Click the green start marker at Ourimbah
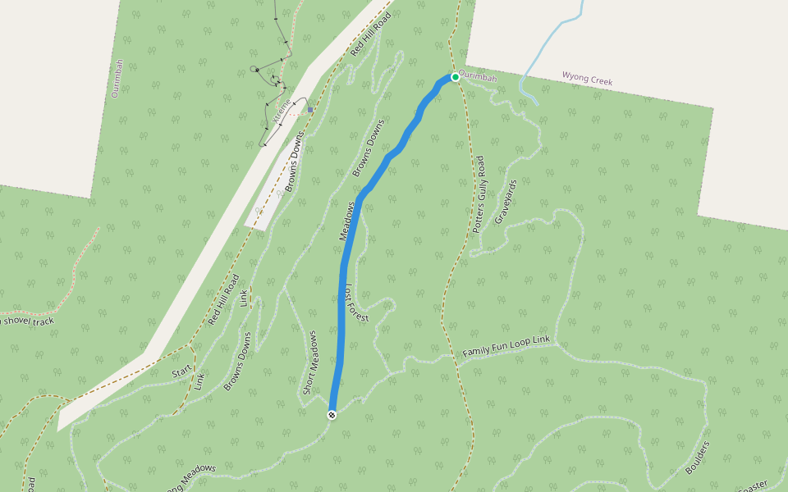pyautogui.click(x=455, y=76)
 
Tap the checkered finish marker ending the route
pyautogui.click(x=332, y=415)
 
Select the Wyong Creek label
pyautogui.click(x=587, y=79)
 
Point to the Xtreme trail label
pyautogui.click(x=282, y=109)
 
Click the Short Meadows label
pyautogui.click(x=309, y=362)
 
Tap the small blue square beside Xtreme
pyautogui.click(x=310, y=109)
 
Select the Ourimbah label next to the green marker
pyautogui.click(x=478, y=77)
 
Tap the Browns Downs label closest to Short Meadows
pyautogui.click(x=236, y=360)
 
